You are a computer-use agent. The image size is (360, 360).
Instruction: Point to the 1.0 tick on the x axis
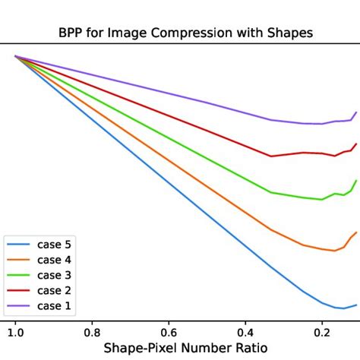[15, 331]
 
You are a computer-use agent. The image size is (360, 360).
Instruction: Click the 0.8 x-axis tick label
[92, 331]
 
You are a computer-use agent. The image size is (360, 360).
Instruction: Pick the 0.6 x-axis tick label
[169, 331]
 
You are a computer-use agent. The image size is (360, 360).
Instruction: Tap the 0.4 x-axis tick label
[245, 331]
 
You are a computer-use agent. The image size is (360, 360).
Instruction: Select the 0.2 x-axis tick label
[322, 331]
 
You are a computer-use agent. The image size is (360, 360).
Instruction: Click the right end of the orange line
[356, 232]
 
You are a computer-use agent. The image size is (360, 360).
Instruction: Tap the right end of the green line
[356, 180]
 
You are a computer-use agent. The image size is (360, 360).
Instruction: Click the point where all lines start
[15, 56]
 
